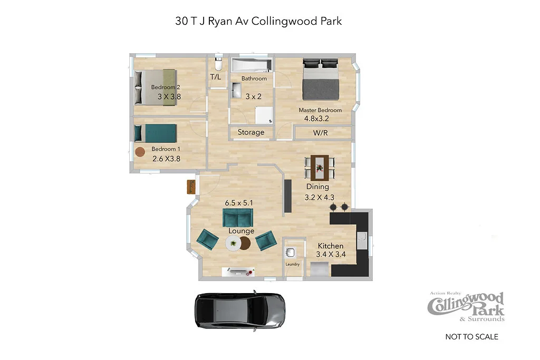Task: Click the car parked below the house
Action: tap(240, 312)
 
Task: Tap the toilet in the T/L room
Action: tap(217, 65)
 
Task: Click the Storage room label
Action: tap(251, 132)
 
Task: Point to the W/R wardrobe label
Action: tap(320, 133)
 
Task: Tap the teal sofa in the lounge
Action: tap(237, 217)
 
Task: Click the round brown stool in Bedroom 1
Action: tap(140, 152)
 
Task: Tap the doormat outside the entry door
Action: tap(191, 187)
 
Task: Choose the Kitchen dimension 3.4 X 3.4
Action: tap(331, 255)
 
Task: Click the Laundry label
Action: tap(293, 264)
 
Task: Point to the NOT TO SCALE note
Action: tap(471, 337)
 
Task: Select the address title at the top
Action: tap(258, 21)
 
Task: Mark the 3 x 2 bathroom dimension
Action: tap(254, 96)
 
